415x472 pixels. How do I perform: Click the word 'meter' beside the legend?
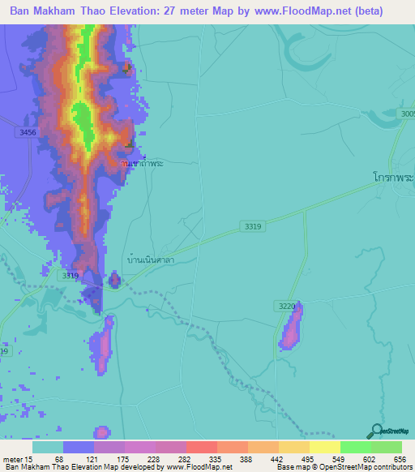coord(13,459)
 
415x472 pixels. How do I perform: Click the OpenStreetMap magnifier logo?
coord(375,431)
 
